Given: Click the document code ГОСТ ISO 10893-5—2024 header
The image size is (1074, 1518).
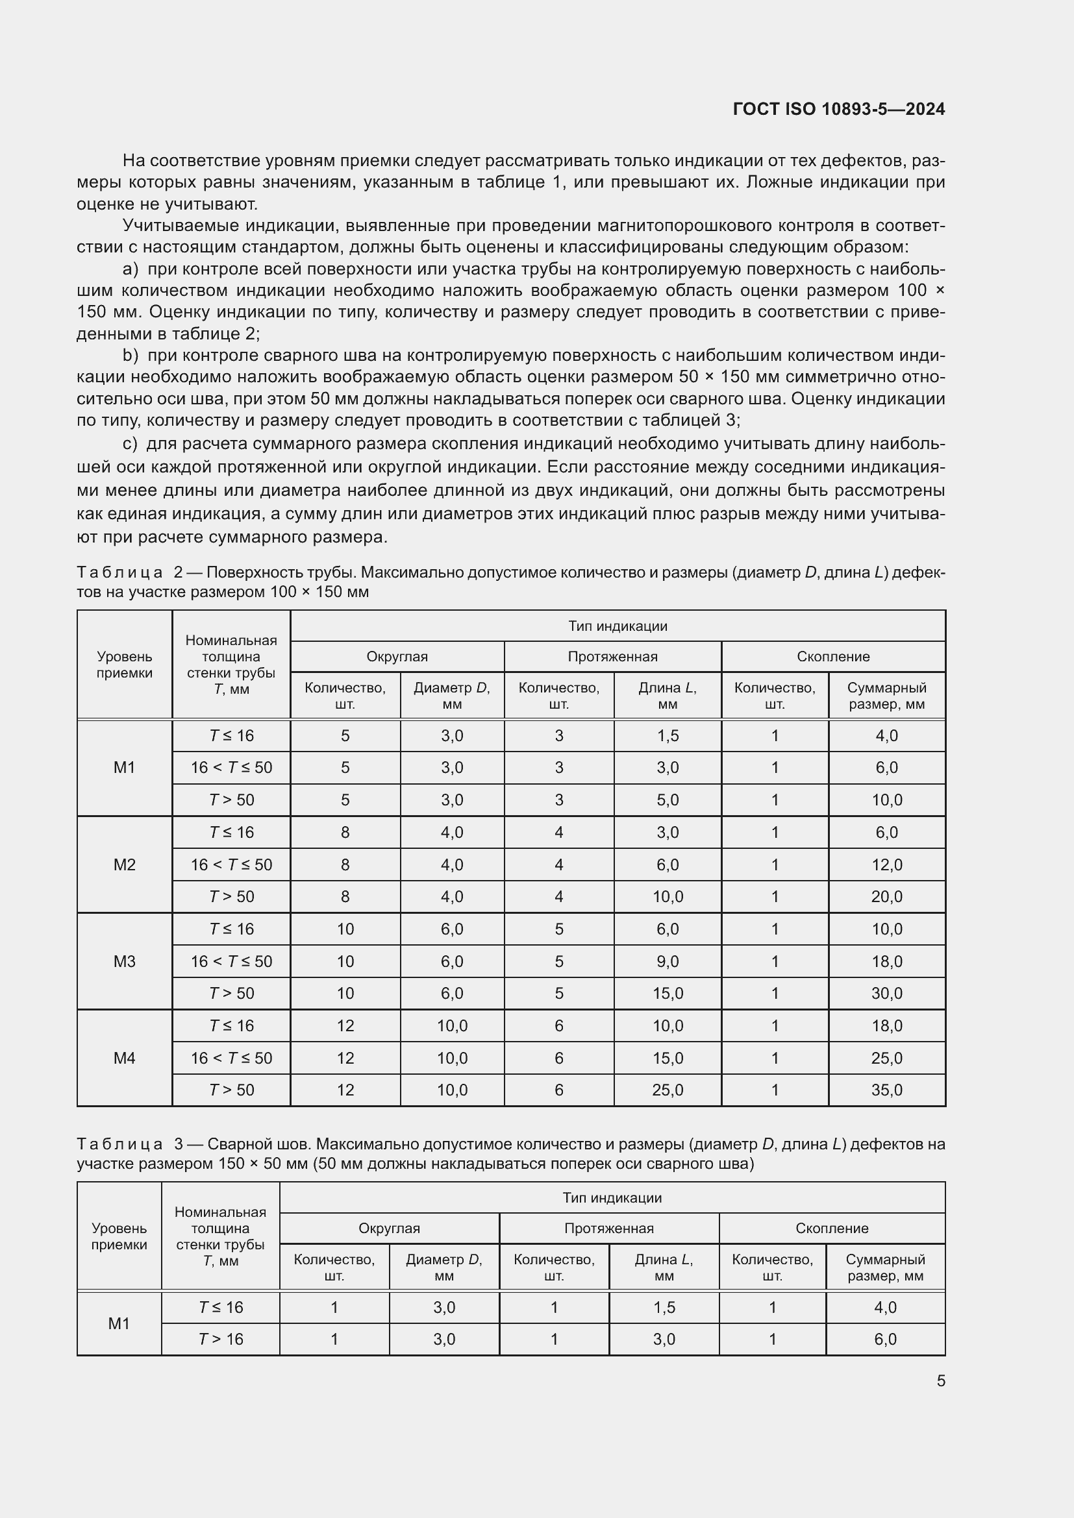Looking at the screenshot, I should (838, 109).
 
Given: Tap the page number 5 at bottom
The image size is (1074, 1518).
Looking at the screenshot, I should (940, 1380).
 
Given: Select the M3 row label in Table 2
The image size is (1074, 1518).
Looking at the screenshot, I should (124, 961).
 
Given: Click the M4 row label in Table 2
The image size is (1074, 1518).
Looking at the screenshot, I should (124, 1058).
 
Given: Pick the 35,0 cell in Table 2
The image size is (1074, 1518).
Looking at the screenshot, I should (886, 1090).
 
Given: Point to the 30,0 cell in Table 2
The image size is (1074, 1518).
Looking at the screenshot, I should (886, 993).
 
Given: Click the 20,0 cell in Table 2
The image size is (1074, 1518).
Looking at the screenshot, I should (886, 896).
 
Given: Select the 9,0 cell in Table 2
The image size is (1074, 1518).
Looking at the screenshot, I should (668, 961).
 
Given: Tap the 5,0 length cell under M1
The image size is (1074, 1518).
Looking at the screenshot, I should (668, 800).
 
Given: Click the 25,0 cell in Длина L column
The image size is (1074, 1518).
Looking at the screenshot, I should (668, 1090).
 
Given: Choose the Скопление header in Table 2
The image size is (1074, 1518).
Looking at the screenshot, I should (832, 657).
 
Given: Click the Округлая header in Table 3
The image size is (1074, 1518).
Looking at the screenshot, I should (389, 1229).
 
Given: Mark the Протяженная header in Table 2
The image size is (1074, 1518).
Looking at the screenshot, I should (612, 657).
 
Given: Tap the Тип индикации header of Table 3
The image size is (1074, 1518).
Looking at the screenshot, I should (612, 1197).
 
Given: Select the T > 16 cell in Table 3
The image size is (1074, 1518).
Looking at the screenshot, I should (221, 1339).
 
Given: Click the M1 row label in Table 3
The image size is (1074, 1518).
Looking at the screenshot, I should (119, 1323).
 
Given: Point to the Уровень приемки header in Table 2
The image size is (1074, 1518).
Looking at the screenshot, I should (124, 665).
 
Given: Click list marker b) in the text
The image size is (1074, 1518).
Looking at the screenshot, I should (131, 356).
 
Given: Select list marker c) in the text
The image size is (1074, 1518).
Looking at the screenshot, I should (131, 444).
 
